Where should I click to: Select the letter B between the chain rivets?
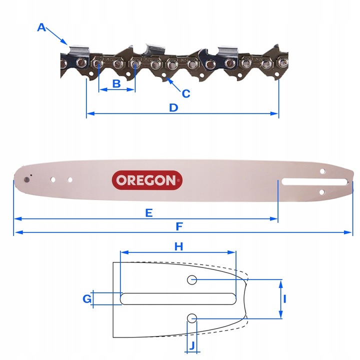coord(116,83)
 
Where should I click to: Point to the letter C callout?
coord(186,93)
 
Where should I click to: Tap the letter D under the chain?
coord(173,107)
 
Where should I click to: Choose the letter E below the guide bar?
coord(148,212)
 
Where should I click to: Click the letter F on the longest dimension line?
coord(179,226)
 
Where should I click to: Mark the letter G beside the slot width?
coord(87,298)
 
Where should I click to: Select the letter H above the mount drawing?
coord(178,246)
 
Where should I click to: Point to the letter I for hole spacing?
coord(284,299)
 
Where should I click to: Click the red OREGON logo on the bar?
coord(146,180)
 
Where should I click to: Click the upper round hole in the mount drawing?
coord(192,280)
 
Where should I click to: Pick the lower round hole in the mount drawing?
coord(192,317)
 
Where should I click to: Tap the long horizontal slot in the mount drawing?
coord(178,298)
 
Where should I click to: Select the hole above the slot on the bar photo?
coord(322,171)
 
